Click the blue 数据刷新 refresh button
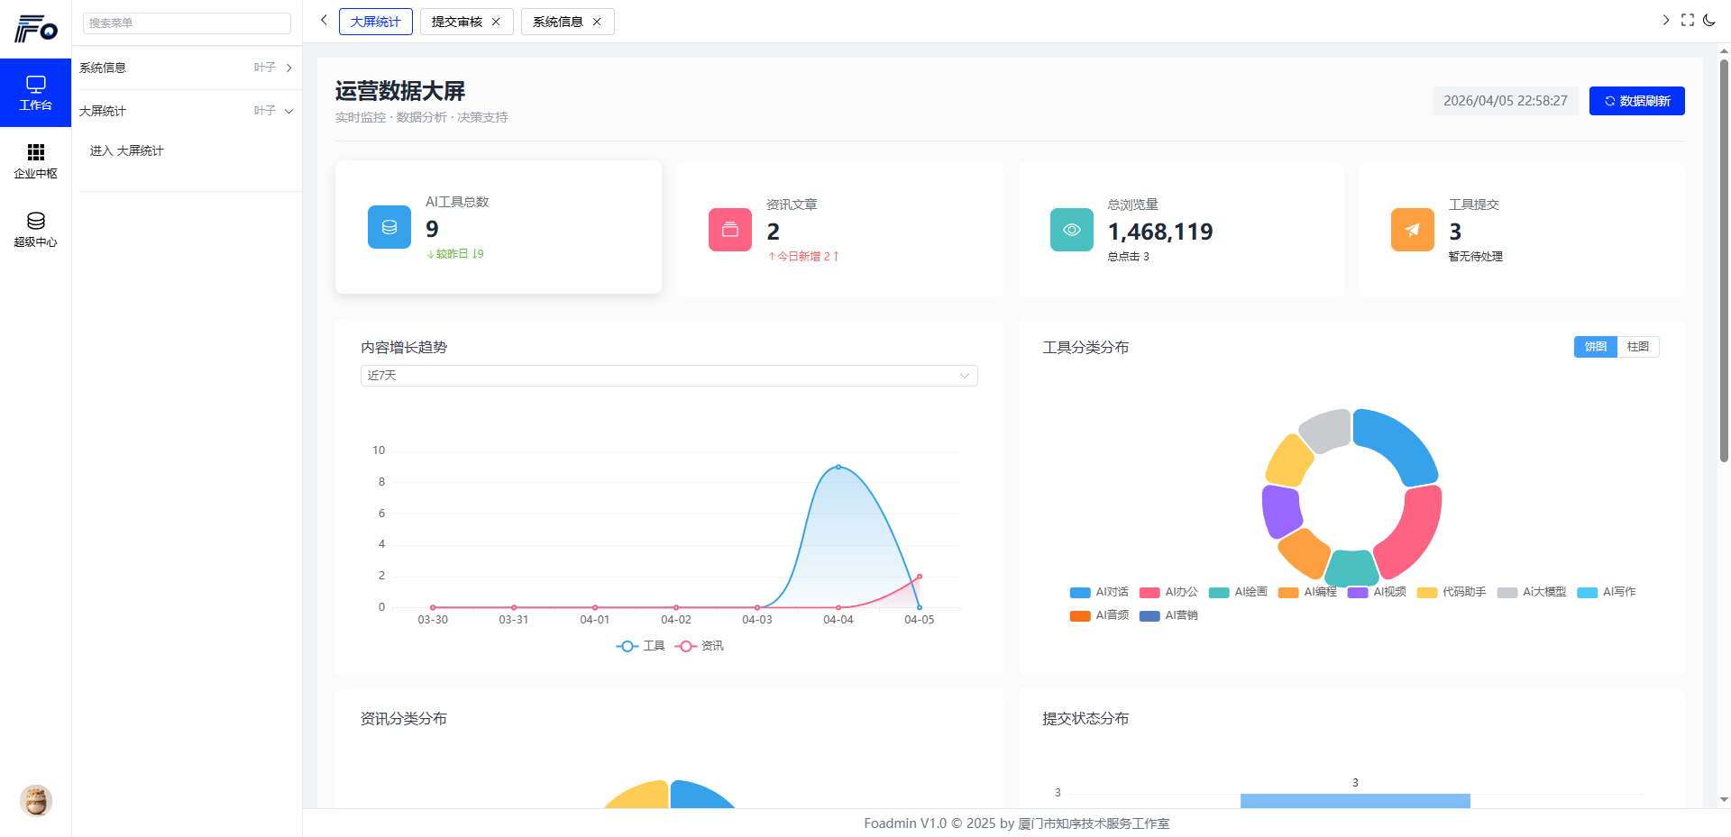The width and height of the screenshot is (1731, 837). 1636,101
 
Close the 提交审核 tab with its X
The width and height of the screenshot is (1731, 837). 496,22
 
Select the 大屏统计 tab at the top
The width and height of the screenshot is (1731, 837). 375,22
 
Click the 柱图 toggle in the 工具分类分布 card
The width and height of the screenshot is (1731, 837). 1637,347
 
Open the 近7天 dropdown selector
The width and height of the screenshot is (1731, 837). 668,376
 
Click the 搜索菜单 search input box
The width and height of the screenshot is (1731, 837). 187,23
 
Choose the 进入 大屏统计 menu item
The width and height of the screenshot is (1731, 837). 127,150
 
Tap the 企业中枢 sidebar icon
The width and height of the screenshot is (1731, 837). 36,160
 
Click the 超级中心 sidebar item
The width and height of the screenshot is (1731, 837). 36,229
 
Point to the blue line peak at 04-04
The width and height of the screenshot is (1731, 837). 838,467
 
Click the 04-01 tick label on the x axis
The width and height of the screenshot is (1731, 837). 595,620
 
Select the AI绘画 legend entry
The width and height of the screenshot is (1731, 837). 1239,592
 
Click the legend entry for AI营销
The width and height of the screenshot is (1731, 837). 1169,615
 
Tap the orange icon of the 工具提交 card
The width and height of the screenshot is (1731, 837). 1412,230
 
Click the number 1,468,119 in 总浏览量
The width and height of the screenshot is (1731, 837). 1160,232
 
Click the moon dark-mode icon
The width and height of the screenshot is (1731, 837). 1709,20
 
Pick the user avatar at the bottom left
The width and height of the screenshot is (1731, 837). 36,800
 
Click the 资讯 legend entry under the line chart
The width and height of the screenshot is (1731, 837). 700,646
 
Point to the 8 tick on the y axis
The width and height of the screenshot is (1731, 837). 381,482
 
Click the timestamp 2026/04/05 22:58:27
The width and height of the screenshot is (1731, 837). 1505,101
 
